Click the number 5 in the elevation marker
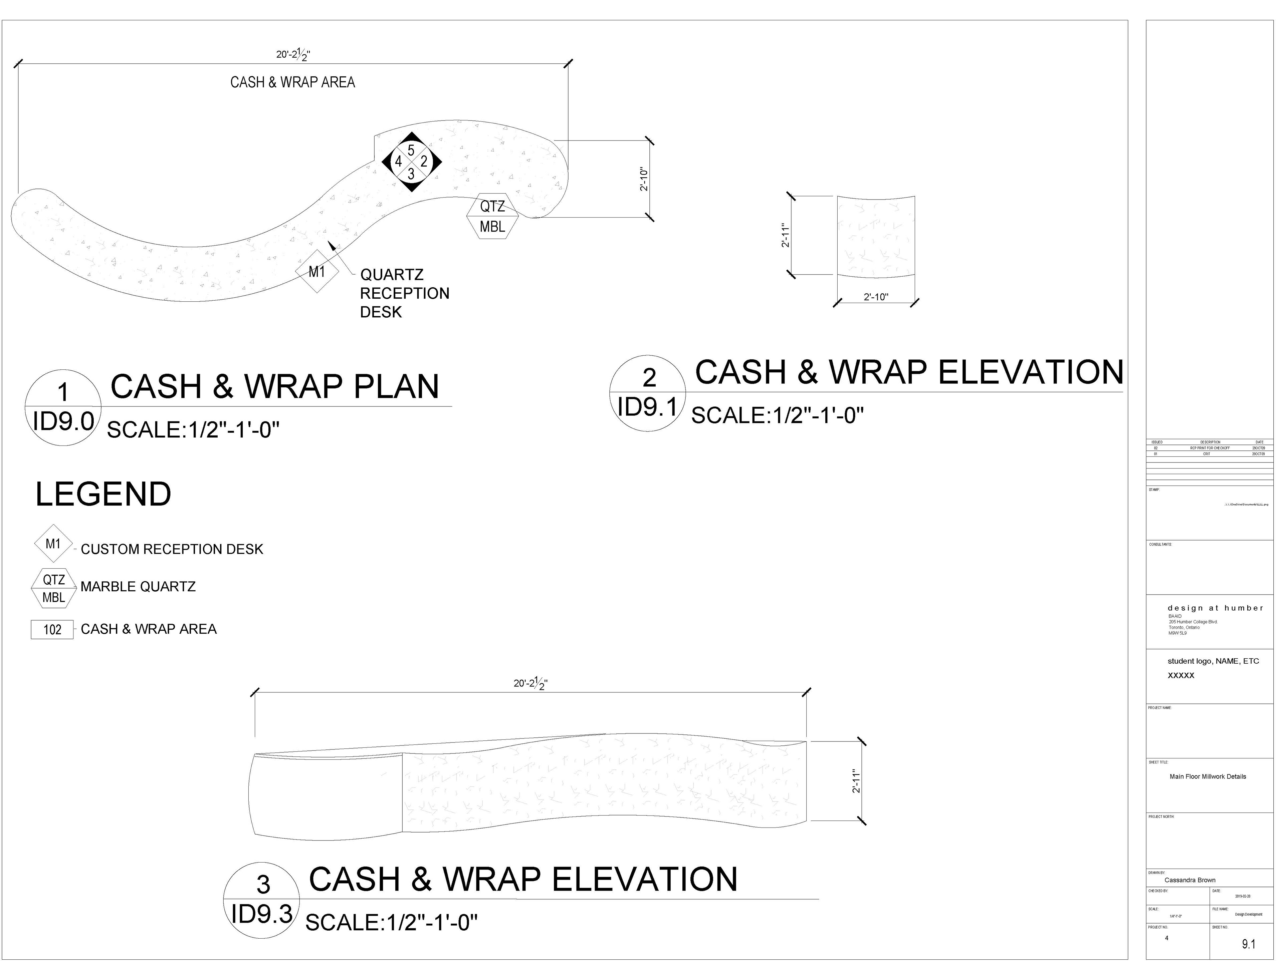(411, 150)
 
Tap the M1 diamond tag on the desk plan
(316, 271)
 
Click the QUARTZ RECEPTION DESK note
(404, 293)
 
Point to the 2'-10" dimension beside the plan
(644, 180)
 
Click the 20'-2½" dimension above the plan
(293, 54)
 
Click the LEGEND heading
(103, 495)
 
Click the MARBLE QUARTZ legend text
(138, 587)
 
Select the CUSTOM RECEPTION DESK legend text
(172, 549)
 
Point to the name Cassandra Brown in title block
(1190, 880)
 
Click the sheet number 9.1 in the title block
(1248, 944)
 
